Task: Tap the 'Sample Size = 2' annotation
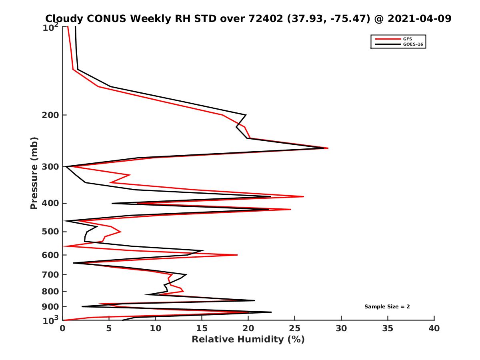coord(387,307)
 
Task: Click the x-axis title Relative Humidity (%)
coord(248,340)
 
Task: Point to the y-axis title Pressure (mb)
coord(34,173)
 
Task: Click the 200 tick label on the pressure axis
coord(50,115)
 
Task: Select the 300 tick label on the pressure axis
coord(50,167)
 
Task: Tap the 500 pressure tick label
coord(50,232)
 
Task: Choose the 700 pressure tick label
coord(50,275)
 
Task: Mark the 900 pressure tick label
coord(50,307)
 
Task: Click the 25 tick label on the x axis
coord(294,328)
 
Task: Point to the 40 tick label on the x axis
coord(434,328)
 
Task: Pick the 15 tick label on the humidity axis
coord(202,328)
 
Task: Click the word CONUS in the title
coord(106,18)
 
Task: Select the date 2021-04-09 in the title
coord(420,18)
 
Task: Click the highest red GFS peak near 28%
coord(328,148)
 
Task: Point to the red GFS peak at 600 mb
coord(237,255)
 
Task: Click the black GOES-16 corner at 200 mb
coord(246,115)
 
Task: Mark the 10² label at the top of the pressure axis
coord(51,27)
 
